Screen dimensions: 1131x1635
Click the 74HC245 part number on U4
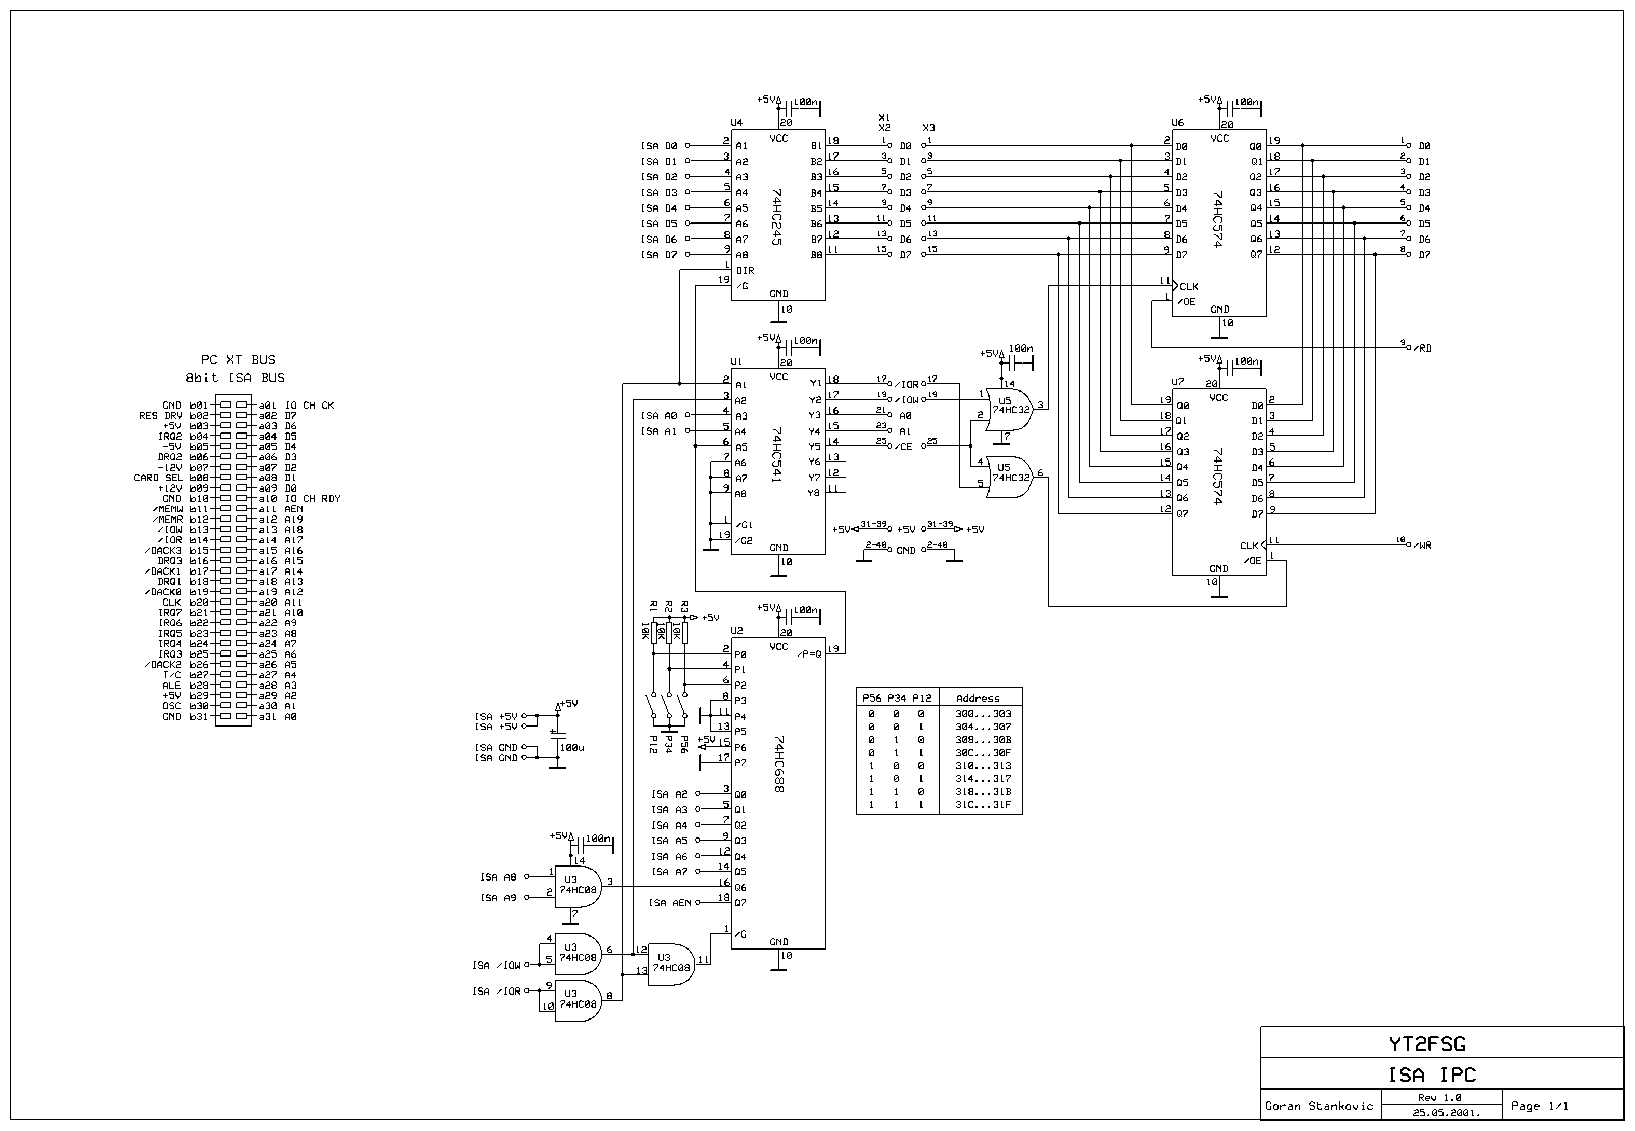click(777, 217)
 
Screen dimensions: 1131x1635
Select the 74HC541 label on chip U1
click(777, 454)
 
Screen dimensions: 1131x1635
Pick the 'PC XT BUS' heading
click(238, 360)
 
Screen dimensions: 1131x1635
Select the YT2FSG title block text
click(1426, 1044)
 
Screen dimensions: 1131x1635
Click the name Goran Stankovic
click(1319, 1106)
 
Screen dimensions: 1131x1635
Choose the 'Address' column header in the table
click(977, 699)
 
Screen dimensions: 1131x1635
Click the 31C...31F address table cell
click(983, 805)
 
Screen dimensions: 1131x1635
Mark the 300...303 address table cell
click(983, 714)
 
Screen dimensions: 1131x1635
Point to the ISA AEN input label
click(669, 903)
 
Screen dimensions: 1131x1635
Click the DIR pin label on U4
click(745, 271)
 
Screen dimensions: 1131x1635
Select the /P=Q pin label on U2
click(809, 654)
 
